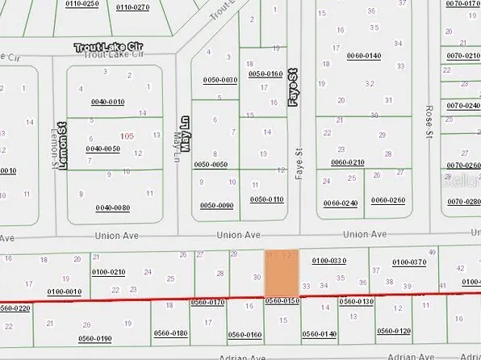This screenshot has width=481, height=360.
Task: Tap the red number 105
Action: click(x=126, y=136)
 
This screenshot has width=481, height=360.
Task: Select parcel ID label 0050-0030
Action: click(x=220, y=79)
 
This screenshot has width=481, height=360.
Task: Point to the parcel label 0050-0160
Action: click(x=266, y=73)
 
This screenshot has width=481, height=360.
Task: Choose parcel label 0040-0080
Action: click(x=113, y=207)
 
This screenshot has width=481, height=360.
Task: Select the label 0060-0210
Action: click(x=347, y=162)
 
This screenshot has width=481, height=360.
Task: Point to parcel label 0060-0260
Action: click(x=390, y=201)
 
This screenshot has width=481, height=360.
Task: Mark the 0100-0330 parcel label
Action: click(x=328, y=261)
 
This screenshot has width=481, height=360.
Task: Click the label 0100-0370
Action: click(x=408, y=262)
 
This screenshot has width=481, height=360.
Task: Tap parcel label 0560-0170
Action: click(x=207, y=302)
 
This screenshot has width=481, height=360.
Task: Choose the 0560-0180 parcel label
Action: click(x=170, y=333)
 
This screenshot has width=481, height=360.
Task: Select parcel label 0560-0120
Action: click(x=394, y=331)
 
